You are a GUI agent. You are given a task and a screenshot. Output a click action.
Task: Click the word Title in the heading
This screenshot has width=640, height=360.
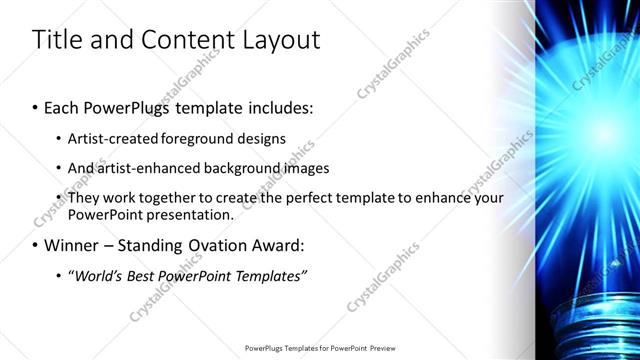click(58, 40)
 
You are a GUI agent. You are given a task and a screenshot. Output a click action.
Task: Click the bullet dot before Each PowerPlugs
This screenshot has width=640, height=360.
click(36, 105)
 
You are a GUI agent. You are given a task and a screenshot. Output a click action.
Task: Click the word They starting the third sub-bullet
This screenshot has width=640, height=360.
click(85, 198)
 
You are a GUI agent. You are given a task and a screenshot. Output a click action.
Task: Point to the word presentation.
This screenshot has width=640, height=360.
click(190, 214)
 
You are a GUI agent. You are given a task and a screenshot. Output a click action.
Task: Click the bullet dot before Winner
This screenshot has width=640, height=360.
click(36, 245)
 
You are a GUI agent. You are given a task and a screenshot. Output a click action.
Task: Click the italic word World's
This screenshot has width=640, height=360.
click(96, 275)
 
